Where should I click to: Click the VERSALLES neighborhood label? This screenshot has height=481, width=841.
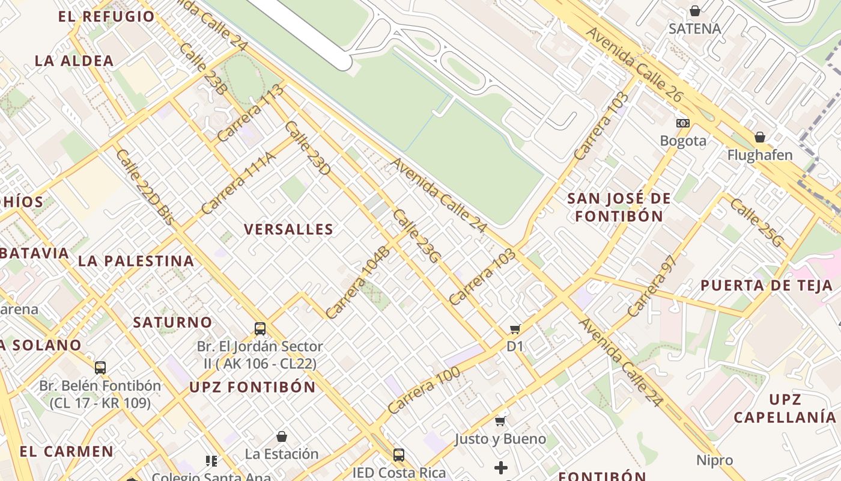pyautogui.click(x=288, y=229)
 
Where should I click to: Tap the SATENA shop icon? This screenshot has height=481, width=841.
pyautogui.click(x=695, y=11)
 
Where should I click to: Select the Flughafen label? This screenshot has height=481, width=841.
pyautogui.click(x=760, y=155)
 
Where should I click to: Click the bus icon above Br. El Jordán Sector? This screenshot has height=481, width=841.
pyautogui.click(x=260, y=328)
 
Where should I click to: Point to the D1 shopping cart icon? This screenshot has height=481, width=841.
pyautogui.click(x=515, y=328)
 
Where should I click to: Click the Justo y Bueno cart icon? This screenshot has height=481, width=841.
pyautogui.click(x=500, y=421)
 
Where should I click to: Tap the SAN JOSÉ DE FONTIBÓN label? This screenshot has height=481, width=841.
pyautogui.click(x=619, y=207)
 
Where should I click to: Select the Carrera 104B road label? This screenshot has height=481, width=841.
pyautogui.click(x=358, y=282)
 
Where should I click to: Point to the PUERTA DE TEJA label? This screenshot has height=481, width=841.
pyautogui.click(x=767, y=286)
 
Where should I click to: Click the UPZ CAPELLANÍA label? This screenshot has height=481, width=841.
pyautogui.click(x=785, y=409)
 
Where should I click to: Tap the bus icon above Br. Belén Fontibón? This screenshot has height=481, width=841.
pyautogui.click(x=100, y=367)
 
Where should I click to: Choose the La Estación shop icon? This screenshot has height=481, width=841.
pyautogui.click(x=282, y=436)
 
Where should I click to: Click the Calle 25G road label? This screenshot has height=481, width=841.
pyautogui.click(x=757, y=222)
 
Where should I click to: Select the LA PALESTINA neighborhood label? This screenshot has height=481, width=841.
pyautogui.click(x=136, y=261)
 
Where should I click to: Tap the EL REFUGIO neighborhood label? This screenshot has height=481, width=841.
pyautogui.click(x=106, y=16)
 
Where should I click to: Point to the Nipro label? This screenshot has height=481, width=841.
pyautogui.click(x=715, y=461)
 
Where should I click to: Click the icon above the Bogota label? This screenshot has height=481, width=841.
pyautogui.click(x=683, y=123)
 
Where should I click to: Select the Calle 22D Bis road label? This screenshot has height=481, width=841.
pyautogui.click(x=145, y=187)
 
